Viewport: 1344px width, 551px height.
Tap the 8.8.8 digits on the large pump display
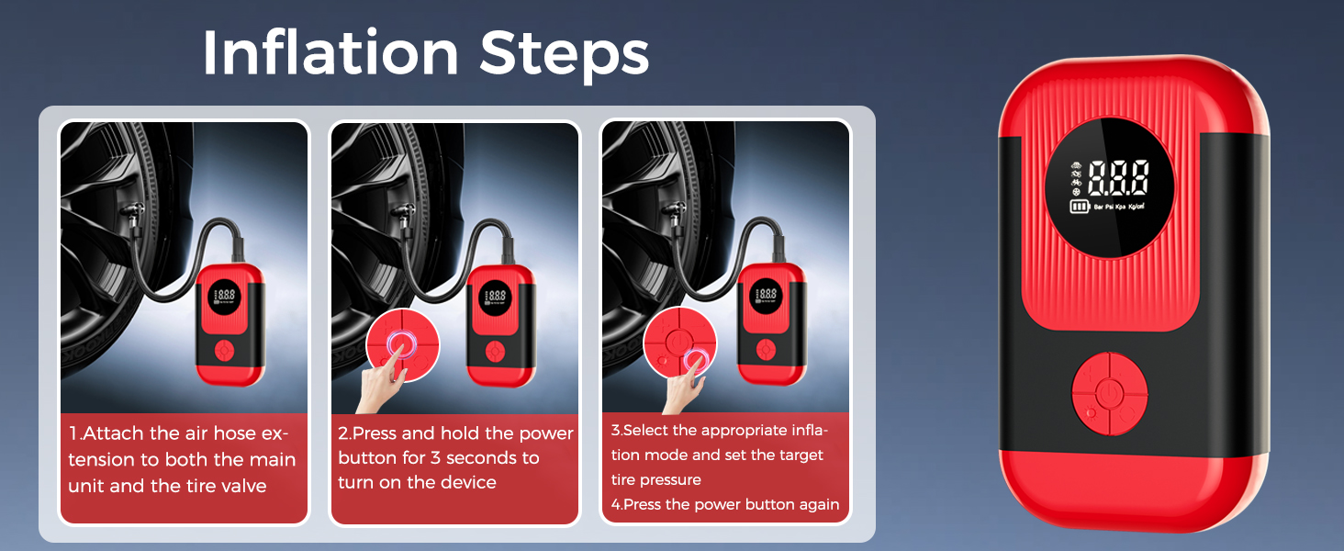tap(1117, 179)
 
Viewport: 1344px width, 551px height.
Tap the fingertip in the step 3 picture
tap(695, 363)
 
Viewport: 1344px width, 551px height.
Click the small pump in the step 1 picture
tap(229, 321)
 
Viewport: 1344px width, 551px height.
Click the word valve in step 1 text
tap(242, 485)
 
